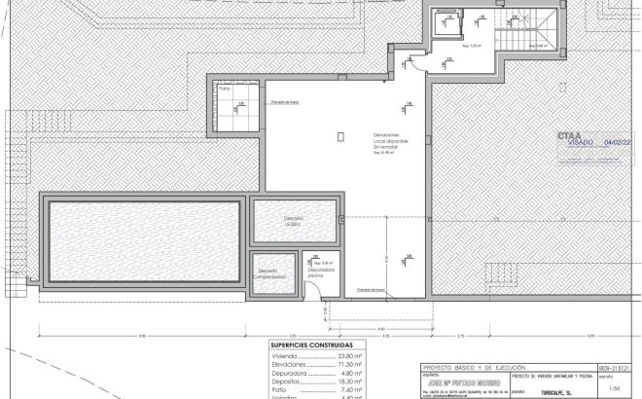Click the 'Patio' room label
click(225, 90)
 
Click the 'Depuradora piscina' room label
click(321, 272)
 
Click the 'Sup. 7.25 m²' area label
click(472, 46)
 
